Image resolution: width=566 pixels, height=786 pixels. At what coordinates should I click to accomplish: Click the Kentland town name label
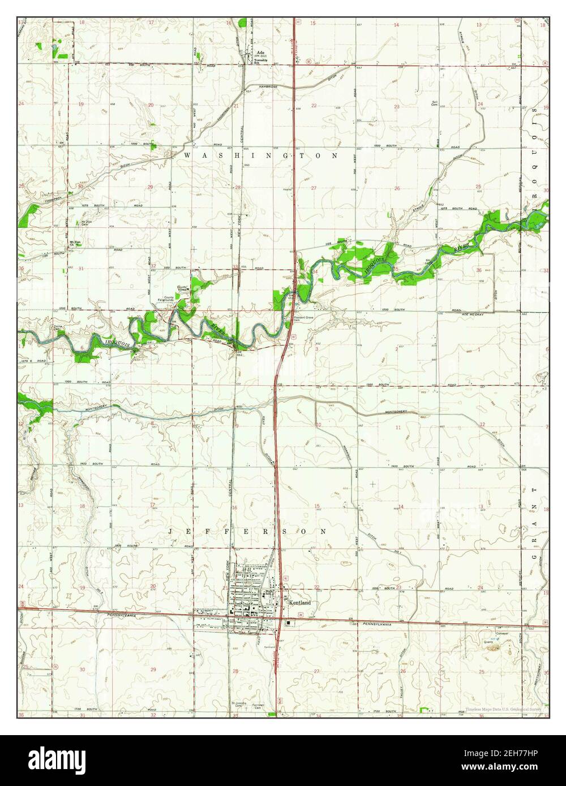(x=300, y=603)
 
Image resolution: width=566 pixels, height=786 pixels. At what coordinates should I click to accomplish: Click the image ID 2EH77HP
(x=508, y=755)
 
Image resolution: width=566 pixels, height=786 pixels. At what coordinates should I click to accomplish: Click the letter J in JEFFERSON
(x=171, y=532)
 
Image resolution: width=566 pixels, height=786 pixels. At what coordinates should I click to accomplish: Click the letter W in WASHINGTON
(x=186, y=155)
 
